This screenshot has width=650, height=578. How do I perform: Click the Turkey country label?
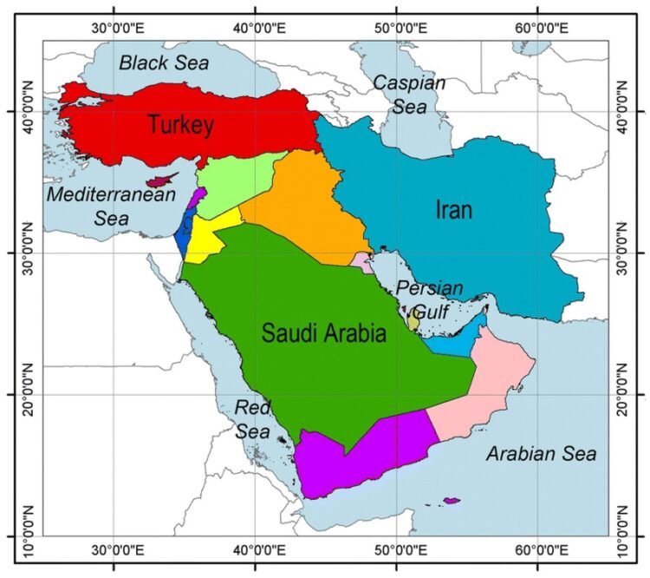pyautogui.click(x=180, y=125)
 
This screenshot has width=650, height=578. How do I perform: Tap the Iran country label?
pyautogui.click(x=453, y=210)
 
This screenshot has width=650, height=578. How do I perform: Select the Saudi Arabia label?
pyautogui.click(x=323, y=333)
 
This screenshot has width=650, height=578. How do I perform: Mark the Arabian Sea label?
pyautogui.click(x=541, y=454)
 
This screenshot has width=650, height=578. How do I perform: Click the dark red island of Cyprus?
pyautogui.click(x=160, y=181)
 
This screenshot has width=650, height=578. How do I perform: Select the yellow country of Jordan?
pyautogui.click(x=211, y=239)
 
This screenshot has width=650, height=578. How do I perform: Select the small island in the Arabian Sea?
pyautogui.click(x=451, y=500)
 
